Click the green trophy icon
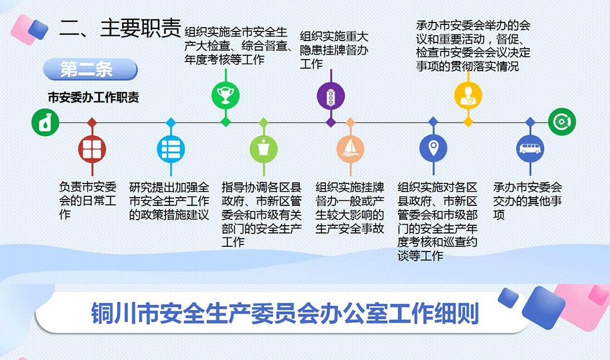coord(225,96)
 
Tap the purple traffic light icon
coord(331,96)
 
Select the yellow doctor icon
coord(468,96)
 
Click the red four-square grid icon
coord(92,150)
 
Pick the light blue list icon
coord(171,150)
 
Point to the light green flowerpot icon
coord(264,149)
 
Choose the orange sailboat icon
coord(350,149)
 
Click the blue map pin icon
coord(433,148)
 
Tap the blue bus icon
coord(530,149)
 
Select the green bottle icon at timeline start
coord(46,123)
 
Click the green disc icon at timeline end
coord(562,122)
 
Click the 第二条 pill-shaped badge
coord(91,70)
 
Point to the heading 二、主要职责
coord(120,28)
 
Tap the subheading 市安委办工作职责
coord(93,97)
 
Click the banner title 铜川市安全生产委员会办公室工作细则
coord(285,313)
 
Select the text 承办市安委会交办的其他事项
coord(528,201)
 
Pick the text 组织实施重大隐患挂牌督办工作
coord(334,50)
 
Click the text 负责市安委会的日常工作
coord(87,201)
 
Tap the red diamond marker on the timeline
coord(92,123)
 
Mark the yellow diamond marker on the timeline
coord(468,122)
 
